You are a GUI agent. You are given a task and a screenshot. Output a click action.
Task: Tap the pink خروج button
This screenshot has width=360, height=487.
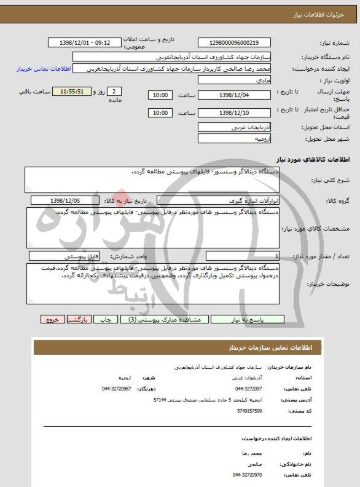52,319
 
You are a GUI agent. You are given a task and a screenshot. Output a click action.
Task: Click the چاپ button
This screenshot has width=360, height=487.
107,319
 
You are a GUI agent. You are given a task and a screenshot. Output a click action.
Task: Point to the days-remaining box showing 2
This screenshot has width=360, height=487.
117,91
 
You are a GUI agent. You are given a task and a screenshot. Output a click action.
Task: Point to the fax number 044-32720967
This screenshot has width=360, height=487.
117,389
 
